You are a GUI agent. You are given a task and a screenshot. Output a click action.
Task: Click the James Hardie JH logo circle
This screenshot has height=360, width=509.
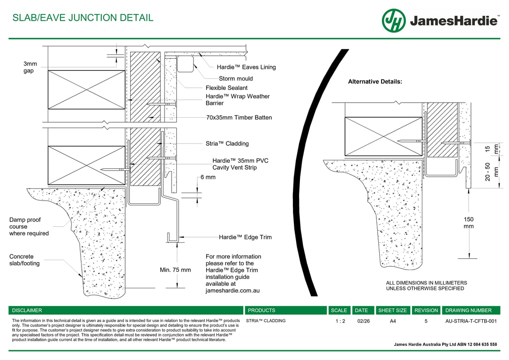pyautogui.click(x=394, y=21)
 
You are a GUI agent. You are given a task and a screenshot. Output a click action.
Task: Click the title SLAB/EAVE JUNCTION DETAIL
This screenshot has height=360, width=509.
pyautogui.click(x=82, y=18)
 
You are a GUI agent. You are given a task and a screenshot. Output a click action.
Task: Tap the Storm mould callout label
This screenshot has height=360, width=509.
pyautogui.click(x=236, y=79)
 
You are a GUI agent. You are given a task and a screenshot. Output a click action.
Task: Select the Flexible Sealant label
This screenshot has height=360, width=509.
pyautogui.click(x=226, y=88)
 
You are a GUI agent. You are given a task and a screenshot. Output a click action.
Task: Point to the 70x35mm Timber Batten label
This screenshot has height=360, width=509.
pyautogui.click(x=239, y=118)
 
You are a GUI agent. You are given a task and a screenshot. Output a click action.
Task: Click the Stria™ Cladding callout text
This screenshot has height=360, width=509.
pyautogui.click(x=227, y=144)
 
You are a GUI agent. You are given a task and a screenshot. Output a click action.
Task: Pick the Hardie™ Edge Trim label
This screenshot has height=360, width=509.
pyautogui.click(x=245, y=237)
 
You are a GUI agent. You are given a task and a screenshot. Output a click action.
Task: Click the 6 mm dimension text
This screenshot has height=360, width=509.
pyautogui.click(x=208, y=177)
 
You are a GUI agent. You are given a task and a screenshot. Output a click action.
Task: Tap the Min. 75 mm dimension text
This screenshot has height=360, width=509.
pyautogui.click(x=175, y=270)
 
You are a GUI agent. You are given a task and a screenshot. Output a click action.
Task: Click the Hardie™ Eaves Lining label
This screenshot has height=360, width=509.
pyautogui.click(x=246, y=67)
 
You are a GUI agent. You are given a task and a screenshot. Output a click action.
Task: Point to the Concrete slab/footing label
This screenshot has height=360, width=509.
pyautogui.click(x=24, y=260)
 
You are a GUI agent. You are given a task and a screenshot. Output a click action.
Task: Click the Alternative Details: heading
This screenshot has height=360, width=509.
pyautogui.click(x=375, y=82)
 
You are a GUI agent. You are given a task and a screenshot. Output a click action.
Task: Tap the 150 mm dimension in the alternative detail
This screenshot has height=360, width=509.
pyautogui.click(x=469, y=223)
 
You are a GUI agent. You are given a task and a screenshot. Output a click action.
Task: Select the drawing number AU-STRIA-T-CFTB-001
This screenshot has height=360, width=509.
pyautogui.click(x=471, y=321)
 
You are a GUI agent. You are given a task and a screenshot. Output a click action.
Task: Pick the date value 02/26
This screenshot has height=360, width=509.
pyautogui.click(x=363, y=321)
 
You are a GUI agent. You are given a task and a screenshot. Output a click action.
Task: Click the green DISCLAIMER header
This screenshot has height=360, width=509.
pyautogui.click(x=27, y=310)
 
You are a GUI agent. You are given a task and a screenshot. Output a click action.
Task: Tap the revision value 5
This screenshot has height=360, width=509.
pyautogui.click(x=426, y=321)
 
